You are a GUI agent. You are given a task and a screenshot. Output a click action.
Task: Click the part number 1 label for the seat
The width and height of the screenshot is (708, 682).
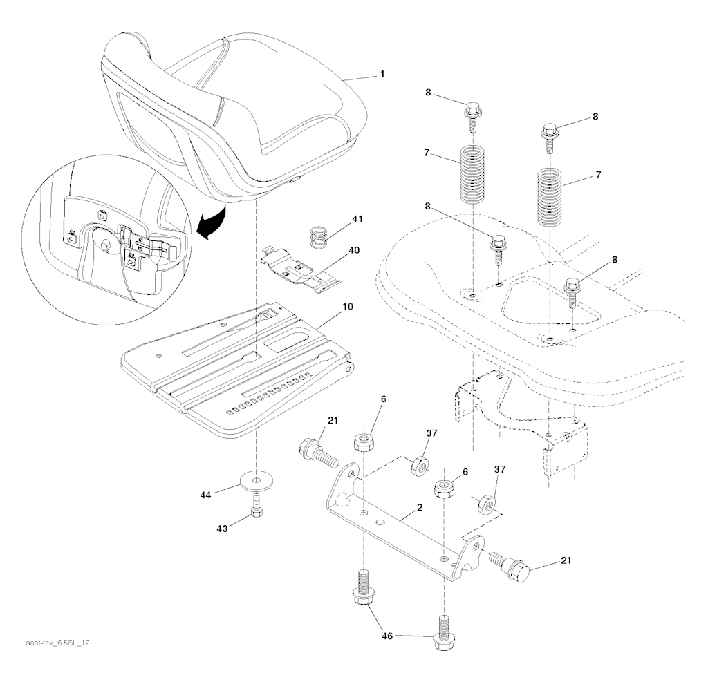point(382,73)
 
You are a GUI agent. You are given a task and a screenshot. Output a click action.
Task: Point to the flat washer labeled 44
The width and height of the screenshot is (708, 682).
point(257,480)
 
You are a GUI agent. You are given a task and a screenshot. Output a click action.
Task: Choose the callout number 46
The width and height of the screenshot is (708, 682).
point(387,635)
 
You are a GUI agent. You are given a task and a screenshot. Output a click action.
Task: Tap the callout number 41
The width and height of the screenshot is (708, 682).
point(357,219)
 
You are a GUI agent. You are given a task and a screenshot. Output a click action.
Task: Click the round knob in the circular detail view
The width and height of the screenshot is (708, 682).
point(105,245)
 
